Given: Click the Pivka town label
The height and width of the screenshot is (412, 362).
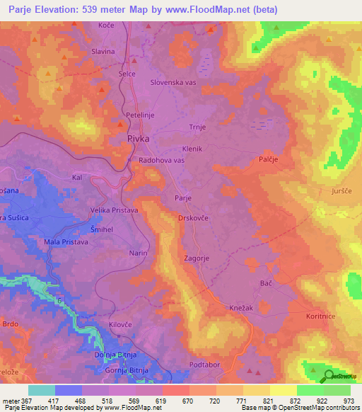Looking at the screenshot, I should click(139, 139).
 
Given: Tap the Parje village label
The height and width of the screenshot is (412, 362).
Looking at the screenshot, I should click(183, 198).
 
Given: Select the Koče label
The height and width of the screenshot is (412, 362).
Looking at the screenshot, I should click(106, 25).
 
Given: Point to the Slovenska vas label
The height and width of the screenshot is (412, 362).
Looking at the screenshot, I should click(173, 82).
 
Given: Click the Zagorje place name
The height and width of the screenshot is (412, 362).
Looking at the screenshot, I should click(196, 259).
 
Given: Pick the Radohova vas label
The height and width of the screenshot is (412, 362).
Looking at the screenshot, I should click(162, 161).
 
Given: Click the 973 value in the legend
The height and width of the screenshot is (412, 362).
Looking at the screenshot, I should click(348, 401).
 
